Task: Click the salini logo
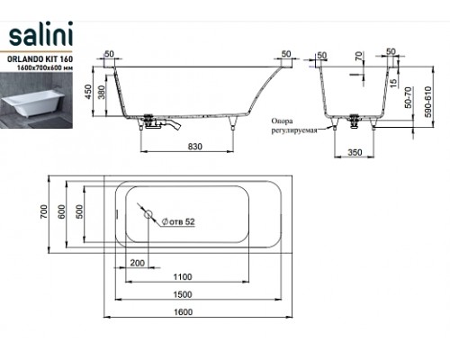tap(40, 34)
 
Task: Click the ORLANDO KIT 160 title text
tap(40, 58)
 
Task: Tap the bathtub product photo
tap(36, 101)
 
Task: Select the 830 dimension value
tap(195, 147)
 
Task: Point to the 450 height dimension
tap(87, 93)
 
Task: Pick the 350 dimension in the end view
tap(355, 152)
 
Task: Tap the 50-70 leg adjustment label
tap(408, 97)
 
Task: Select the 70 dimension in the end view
tap(358, 56)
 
